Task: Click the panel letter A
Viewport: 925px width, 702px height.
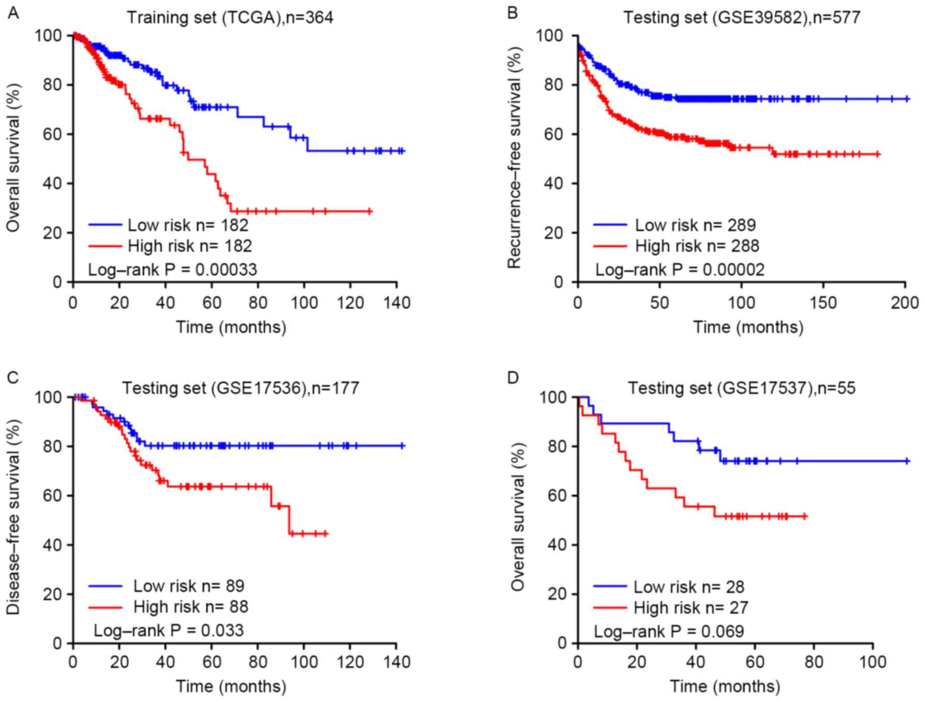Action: [13, 12]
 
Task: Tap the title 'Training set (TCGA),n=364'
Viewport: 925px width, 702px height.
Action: [230, 18]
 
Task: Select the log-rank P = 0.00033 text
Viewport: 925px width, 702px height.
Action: [172, 269]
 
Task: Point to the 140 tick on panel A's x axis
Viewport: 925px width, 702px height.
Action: [396, 302]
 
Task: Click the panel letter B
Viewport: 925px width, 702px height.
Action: [512, 12]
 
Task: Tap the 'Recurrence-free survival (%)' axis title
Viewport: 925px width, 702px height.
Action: [515, 158]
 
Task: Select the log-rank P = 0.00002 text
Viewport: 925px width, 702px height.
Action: [679, 269]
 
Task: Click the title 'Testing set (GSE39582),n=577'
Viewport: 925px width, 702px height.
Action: [742, 18]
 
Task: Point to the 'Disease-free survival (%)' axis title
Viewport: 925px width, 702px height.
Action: [13, 517]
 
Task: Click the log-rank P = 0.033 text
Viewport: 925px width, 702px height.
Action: [168, 630]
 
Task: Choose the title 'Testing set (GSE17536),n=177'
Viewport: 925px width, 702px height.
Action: [240, 388]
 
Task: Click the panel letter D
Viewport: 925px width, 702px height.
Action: [513, 378]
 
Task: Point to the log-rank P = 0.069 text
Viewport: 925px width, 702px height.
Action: [669, 631]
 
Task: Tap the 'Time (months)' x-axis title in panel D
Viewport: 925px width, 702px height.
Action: [725, 686]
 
